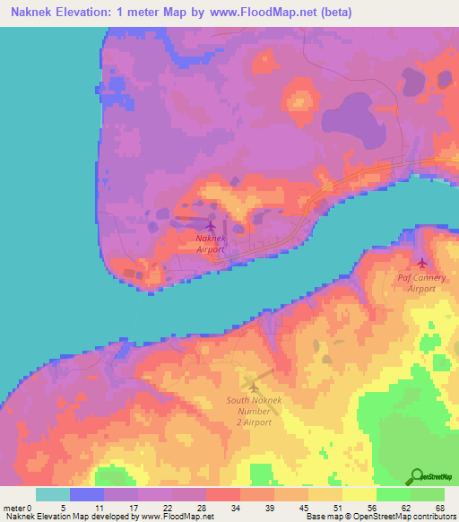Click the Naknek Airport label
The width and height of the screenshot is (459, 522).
tap(210, 244)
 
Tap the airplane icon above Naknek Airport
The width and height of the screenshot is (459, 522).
tap(211, 226)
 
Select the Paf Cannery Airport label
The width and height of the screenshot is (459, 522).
tap(421, 283)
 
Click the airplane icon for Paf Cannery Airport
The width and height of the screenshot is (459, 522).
tap(421, 263)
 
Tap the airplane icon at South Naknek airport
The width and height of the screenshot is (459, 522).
tap(253, 387)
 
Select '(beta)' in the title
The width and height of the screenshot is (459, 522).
tap(331, 13)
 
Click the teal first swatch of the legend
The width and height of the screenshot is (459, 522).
tap(52, 494)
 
